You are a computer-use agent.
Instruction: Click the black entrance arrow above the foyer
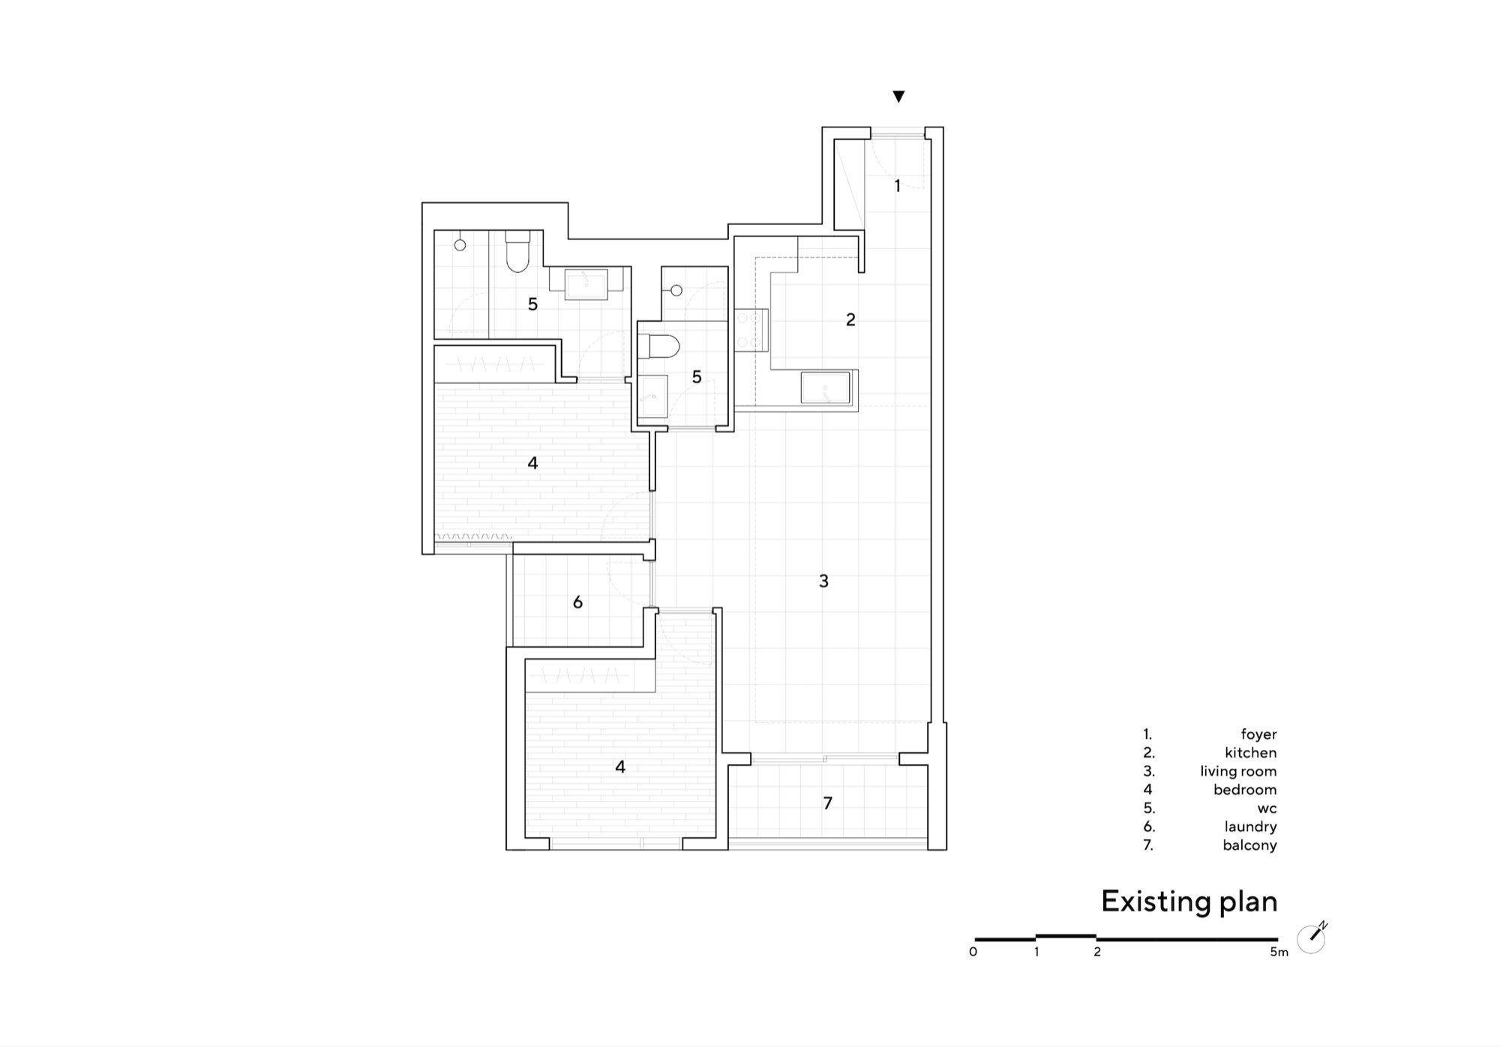pos(898,96)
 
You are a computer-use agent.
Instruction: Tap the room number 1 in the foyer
pos(897,186)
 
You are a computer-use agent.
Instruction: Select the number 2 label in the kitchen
pos(850,319)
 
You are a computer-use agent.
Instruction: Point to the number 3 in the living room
pos(823,580)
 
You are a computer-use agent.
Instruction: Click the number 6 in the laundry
pos(577,602)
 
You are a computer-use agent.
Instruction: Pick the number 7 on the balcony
pos(828,803)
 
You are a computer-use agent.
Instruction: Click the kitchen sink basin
pos(825,388)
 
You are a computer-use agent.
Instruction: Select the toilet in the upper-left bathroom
pos(517,251)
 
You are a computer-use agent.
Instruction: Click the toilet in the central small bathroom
pos(658,346)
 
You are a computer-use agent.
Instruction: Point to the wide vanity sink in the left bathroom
pos(586,283)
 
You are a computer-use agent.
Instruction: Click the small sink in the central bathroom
pos(652,396)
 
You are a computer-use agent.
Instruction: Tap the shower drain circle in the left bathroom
pos(460,244)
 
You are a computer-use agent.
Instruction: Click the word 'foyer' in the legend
pos(1258,734)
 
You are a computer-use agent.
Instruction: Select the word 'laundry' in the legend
pos(1250,826)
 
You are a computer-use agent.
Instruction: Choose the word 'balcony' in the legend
pos(1249,845)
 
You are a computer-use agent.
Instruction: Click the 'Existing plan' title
pos(1189,901)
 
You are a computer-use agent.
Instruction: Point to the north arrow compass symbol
pos(1312,937)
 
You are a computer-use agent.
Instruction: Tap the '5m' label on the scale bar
pos(1279,952)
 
